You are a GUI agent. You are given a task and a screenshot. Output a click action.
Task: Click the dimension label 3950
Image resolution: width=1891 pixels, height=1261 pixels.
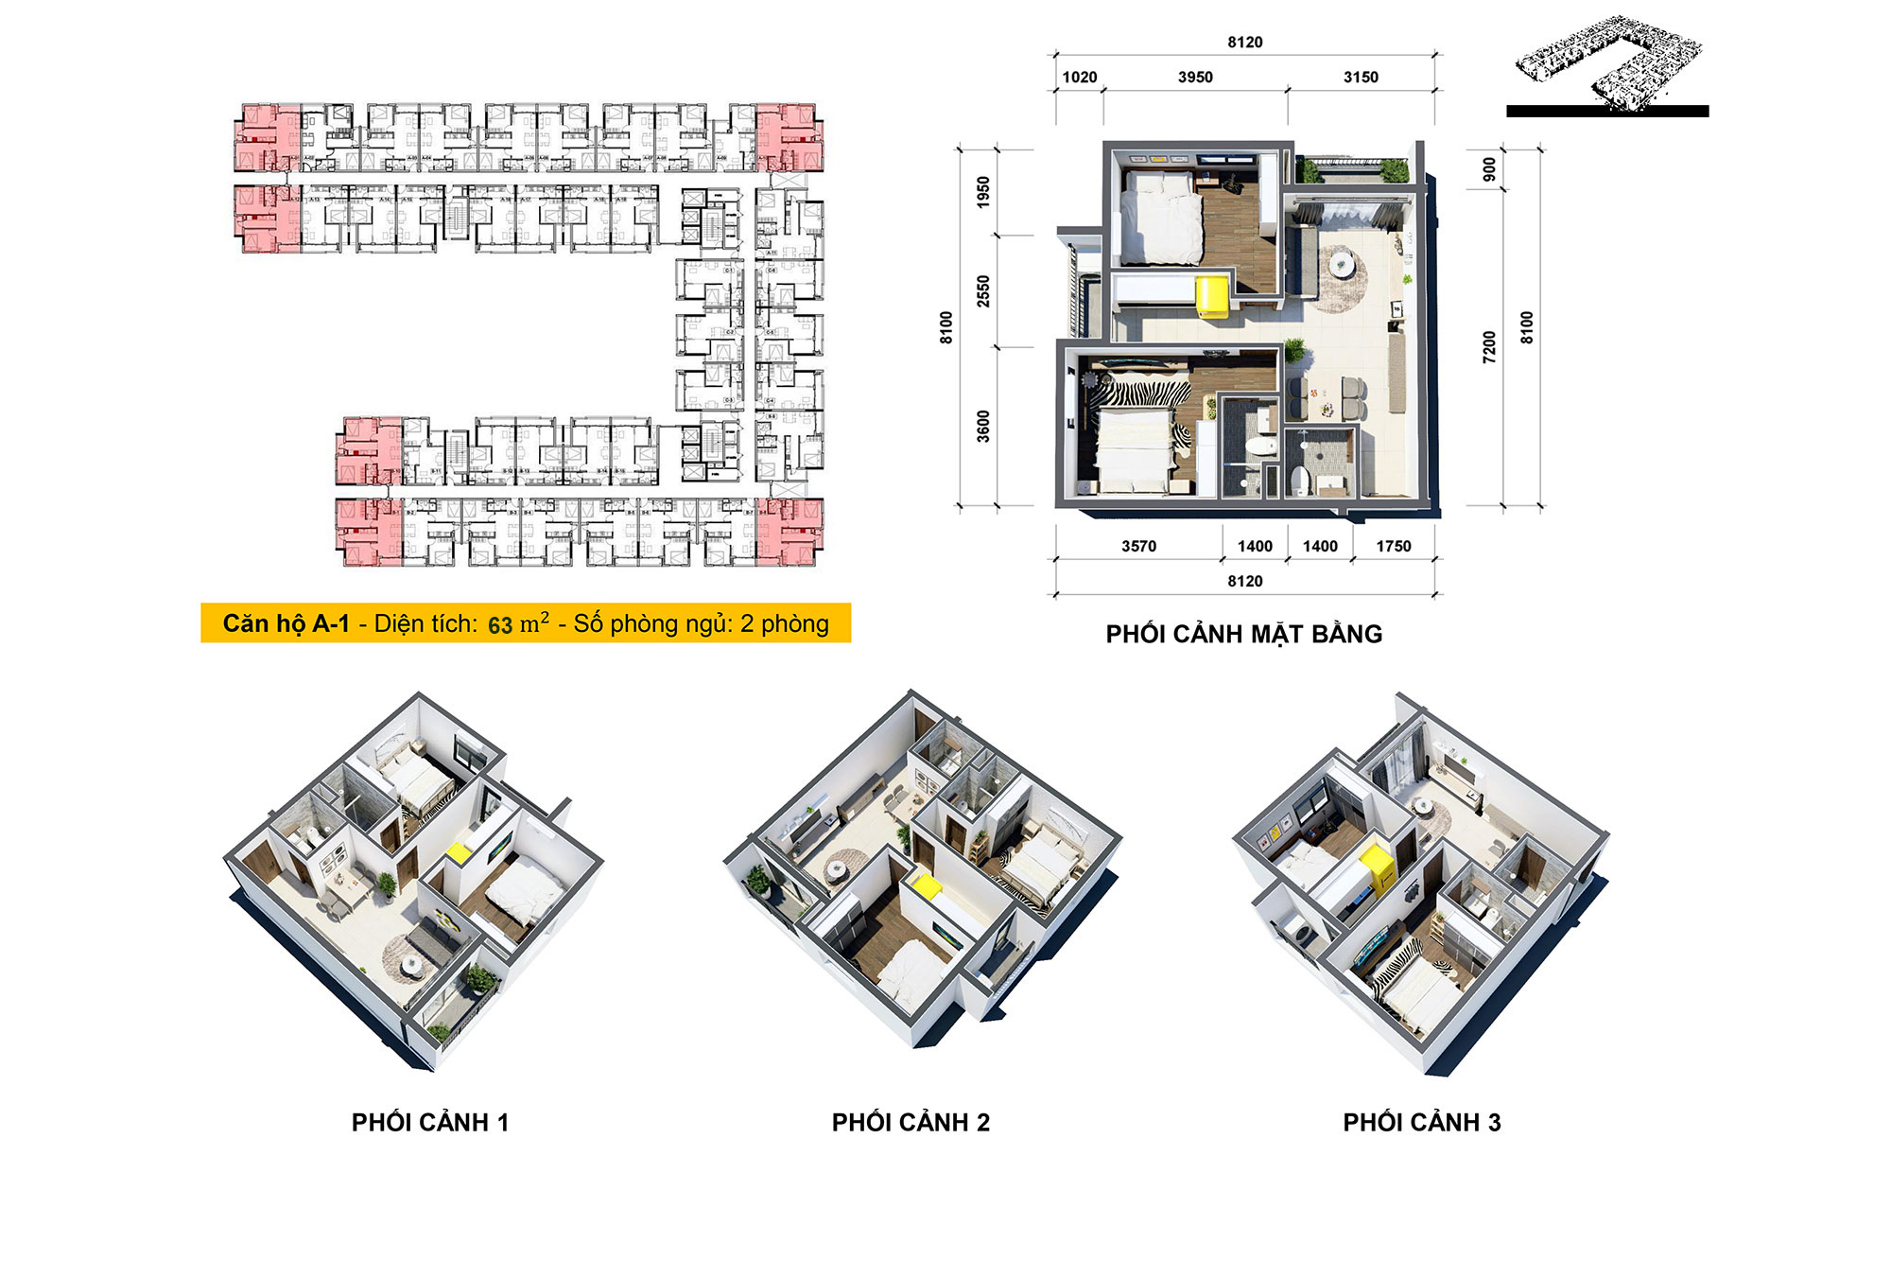pyautogui.click(x=1195, y=77)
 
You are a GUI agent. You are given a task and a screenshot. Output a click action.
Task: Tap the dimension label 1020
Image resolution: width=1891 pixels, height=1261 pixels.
pyautogui.click(x=1079, y=77)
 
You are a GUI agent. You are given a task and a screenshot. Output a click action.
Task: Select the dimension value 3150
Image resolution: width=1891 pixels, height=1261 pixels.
pyautogui.click(x=1361, y=77)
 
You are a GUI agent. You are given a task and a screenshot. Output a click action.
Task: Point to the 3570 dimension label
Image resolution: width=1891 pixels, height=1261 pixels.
pyautogui.click(x=1138, y=546)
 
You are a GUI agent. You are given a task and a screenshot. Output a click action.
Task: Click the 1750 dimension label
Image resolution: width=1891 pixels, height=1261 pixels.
pyautogui.click(x=1393, y=546)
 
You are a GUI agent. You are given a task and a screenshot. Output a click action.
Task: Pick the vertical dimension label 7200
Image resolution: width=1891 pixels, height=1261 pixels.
pyautogui.click(x=1489, y=346)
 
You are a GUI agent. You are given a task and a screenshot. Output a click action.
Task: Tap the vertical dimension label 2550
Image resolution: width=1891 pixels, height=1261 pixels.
pyautogui.click(x=983, y=290)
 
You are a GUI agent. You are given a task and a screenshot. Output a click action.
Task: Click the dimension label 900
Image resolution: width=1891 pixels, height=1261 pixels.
pyautogui.click(x=1489, y=169)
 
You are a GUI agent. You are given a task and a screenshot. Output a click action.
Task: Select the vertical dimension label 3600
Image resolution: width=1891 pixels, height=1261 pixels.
pyautogui.click(x=983, y=426)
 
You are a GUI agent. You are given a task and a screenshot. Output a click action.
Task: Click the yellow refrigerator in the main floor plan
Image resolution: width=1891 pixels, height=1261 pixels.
pyautogui.click(x=1213, y=296)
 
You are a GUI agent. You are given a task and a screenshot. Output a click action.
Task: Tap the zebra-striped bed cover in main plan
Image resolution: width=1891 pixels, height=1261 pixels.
pyautogui.click(x=1139, y=393)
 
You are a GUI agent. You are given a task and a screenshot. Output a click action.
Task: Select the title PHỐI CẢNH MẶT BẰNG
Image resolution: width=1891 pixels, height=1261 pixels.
pyautogui.click(x=1243, y=634)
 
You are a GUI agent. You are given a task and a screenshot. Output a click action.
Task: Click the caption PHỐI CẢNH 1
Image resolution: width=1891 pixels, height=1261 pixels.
pyautogui.click(x=430, y=1122)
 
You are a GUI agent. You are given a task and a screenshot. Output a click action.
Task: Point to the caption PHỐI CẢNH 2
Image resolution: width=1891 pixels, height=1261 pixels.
pyautogui.click(x=911, y=1122)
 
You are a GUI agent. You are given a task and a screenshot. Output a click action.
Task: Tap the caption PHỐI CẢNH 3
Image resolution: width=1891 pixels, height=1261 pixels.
pyautogui.click(x=1421, y=1122)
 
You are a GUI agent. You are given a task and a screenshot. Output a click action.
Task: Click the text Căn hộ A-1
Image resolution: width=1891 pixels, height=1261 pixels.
pyautogui.click(x=286, y=623)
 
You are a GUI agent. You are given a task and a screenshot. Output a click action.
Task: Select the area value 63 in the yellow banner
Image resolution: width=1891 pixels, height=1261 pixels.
pyautogui.click(x=499, y=625)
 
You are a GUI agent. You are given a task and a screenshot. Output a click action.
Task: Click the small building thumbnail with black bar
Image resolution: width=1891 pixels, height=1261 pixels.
pyautogui.click(x=1607, y=66)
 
